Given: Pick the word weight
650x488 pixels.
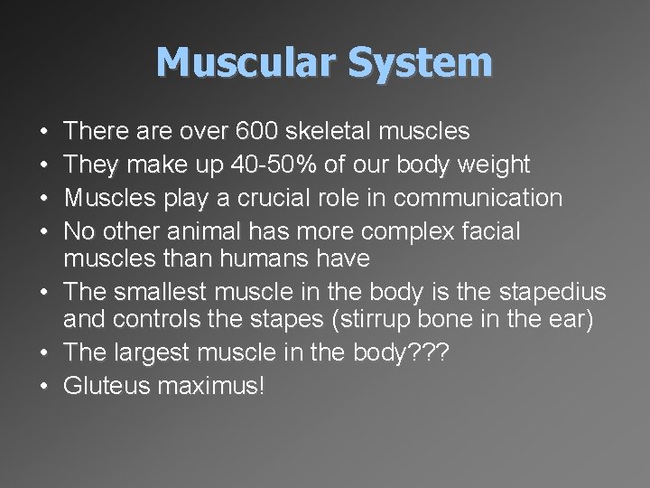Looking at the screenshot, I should pos(494,164).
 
